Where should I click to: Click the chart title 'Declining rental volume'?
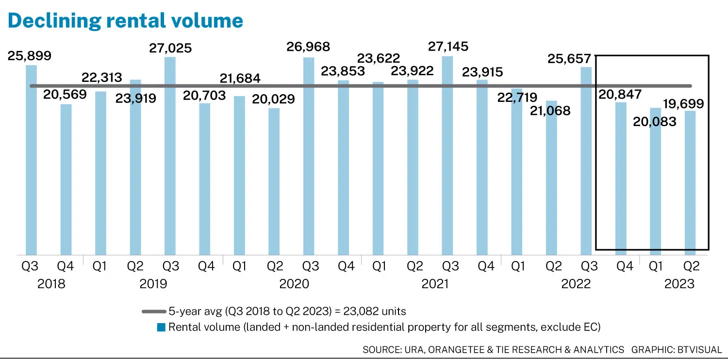(125, 20)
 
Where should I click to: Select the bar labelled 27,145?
(447, 155)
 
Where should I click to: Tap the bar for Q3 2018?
(31, 160)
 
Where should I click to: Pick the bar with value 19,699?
(690, 182)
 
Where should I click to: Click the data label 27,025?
(170, 48)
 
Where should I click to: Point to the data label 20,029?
(274, 99)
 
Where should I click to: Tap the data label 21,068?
(550, 111)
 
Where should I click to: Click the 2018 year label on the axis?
(51, 284)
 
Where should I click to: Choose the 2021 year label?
(435, 284)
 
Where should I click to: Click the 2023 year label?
(679, 284)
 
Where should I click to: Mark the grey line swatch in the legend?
(154, 311)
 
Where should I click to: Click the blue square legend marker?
(161, 327)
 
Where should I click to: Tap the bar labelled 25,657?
(586, 161)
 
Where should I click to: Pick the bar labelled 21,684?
(239, 175)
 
